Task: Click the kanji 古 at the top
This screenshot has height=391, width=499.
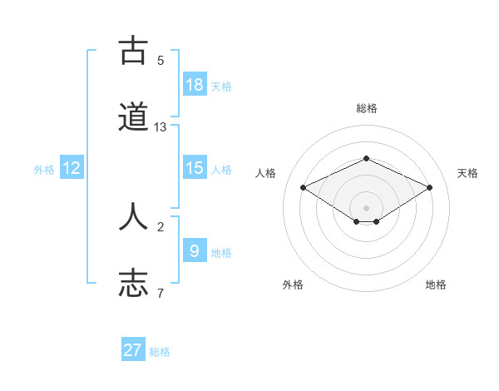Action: click(x=133, y=52)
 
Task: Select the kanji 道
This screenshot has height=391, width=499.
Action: click(x=133, y=117)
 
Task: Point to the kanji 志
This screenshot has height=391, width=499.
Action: click(x=133, y=282)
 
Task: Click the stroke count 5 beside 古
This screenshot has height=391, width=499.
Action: click(x=161, y=61)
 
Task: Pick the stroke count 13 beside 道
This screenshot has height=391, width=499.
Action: click(x=161, y=127)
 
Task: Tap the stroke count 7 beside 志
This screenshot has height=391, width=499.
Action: click(x=161, y=293)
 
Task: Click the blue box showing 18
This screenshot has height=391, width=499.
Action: click(x=195, y=85)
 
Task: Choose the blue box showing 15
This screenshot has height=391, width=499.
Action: click(x=195, y=168)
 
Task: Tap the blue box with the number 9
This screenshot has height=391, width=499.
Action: click(x=195, y=250)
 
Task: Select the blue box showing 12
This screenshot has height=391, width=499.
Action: click(x=72, y=168)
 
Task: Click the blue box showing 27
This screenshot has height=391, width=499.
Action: click(x=133, y=350)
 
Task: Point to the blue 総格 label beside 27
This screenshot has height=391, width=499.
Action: click(x=160, y=352)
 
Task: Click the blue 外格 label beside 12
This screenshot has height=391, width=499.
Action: click(x=44, y=170)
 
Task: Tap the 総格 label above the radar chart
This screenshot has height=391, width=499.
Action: click(x=366, y=108)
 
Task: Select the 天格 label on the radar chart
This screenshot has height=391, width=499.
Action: click(x=468, y=173)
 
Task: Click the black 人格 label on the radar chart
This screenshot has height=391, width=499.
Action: click(x=266, y=173)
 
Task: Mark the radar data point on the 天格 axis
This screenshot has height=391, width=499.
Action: click(x=429, y=187)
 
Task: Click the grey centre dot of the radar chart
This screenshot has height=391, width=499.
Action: click(x=366, y=207)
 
